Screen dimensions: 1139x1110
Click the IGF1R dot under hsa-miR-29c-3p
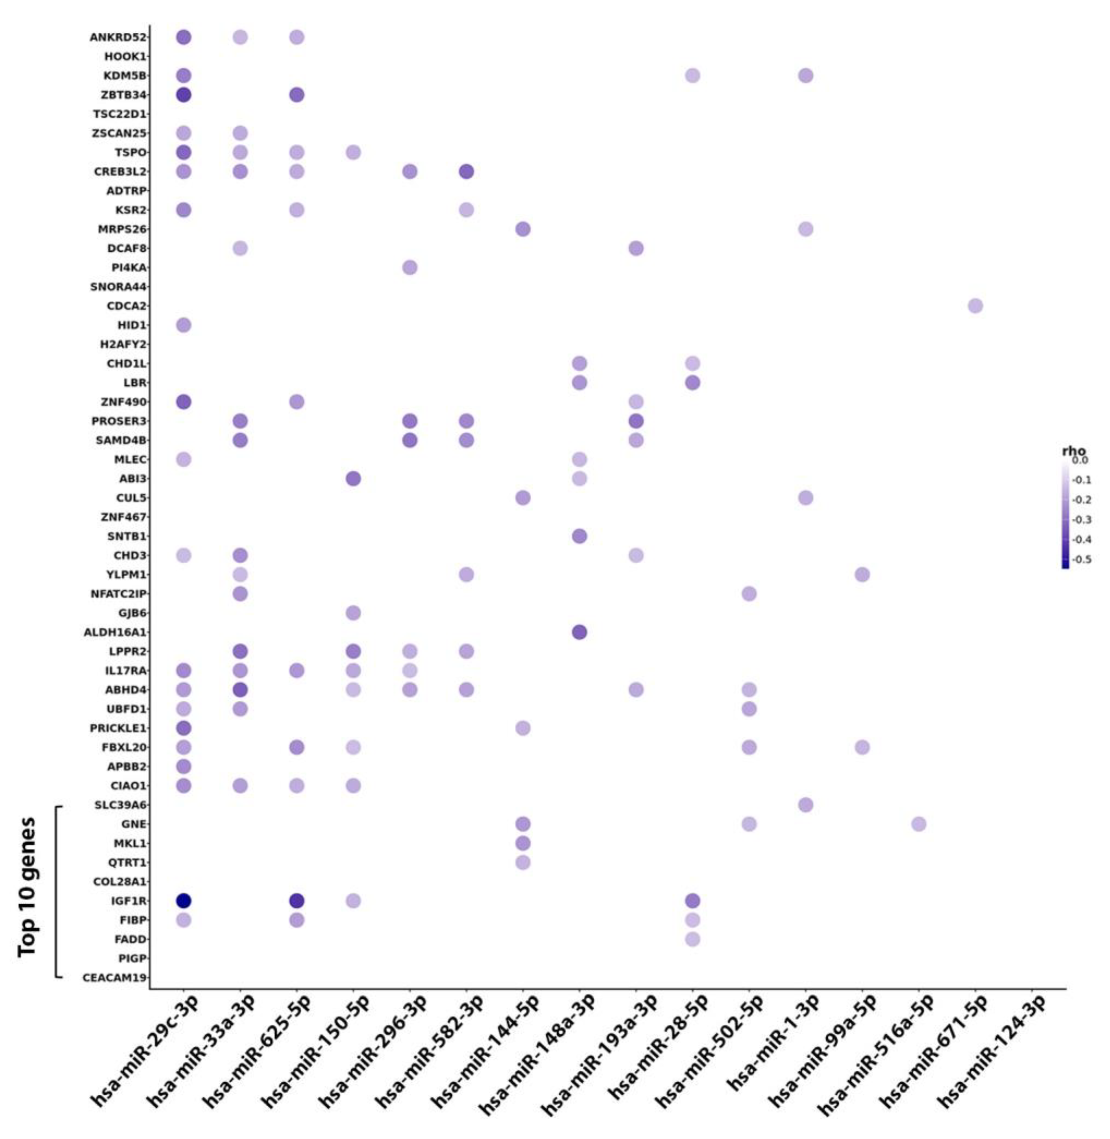click(x=184, y=900)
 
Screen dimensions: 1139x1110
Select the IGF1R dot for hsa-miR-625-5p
click(x=297, y=900)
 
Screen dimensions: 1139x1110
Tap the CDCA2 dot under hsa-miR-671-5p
click(x=975, y=305)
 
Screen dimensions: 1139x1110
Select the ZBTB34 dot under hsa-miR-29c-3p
click(x=184, y=94)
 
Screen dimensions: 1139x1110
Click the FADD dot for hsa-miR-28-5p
click(x=692, y=939)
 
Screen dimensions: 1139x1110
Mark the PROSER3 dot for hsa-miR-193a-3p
click(x=635, y=421)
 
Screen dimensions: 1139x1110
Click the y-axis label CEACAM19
click(x=114, y=977)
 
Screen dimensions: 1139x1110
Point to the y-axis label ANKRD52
click(x=117, y=37)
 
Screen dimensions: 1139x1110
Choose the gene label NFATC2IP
click(x=118, y=594)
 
